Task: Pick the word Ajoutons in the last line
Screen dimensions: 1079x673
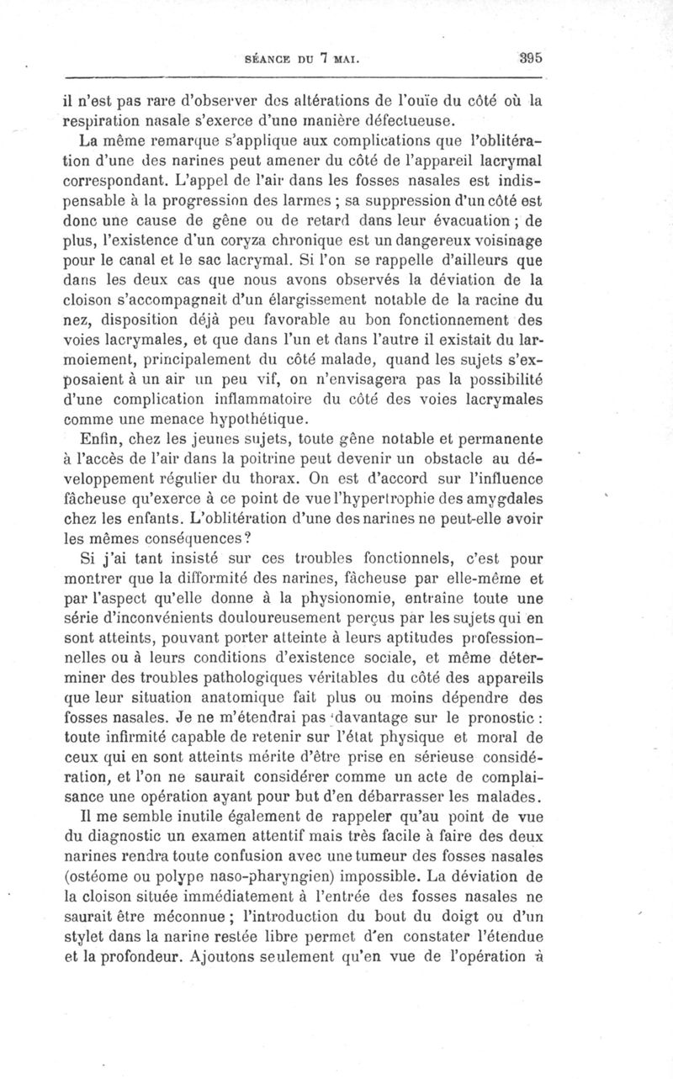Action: [228, 956]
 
